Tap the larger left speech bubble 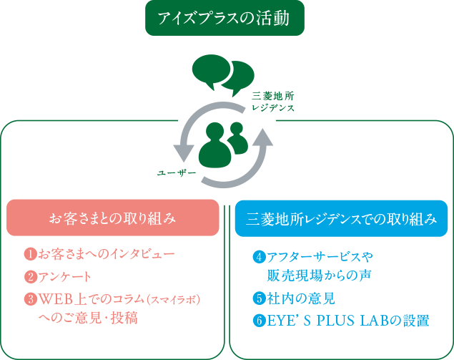point(211,70)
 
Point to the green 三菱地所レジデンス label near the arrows point(272,100)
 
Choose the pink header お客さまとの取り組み point(112,218)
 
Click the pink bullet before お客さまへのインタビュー point(30,254)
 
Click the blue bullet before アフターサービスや point(259,256)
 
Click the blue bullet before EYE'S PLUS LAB point(259,320)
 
